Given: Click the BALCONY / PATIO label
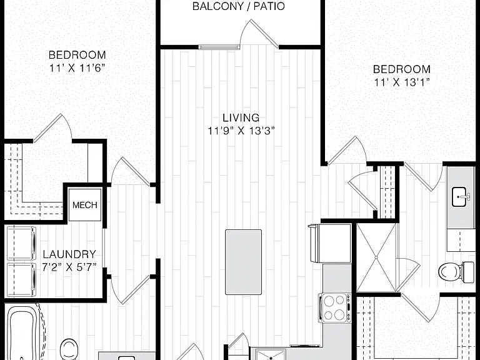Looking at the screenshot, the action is (x=239, y=6).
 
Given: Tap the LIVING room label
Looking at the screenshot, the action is (x=241, y=117).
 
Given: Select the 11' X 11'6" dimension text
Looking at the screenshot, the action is (x=77, y=68).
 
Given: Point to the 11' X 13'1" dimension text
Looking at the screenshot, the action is (x=402, y=82).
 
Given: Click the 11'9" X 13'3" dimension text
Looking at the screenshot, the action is (x=241, y=131).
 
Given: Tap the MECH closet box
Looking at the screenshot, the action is (x=85, y=205).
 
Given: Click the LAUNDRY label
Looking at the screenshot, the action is (x=69, y=254).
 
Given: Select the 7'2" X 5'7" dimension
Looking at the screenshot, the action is (x=69, y=267).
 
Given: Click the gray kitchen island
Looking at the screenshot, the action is (x=243, y=262).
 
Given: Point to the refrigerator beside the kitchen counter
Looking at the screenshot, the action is (x=330, y=243).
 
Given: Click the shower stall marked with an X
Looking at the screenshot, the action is (x=376, y=257).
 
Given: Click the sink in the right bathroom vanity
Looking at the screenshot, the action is (x=459, y=197).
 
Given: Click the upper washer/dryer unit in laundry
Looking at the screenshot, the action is (x=21, y=243).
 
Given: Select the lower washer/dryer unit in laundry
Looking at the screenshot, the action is (x=21, y=279).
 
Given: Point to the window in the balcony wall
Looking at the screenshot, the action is (x=219, y=47).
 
